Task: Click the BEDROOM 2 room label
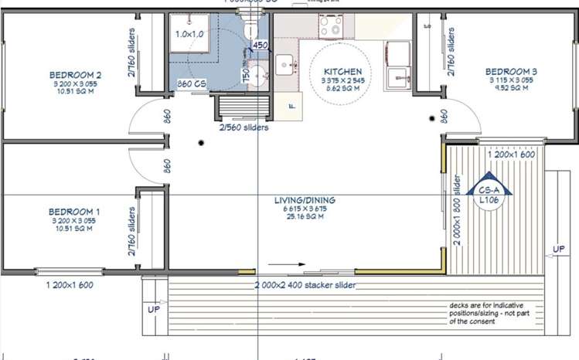(x=76, y=75)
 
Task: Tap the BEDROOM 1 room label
(x=74, y=211)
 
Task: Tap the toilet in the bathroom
(x=251, y=29)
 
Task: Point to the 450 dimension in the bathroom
(x=261, y=46)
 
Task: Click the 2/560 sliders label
(x=244, y=127)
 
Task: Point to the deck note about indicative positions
(x=494, y=313)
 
